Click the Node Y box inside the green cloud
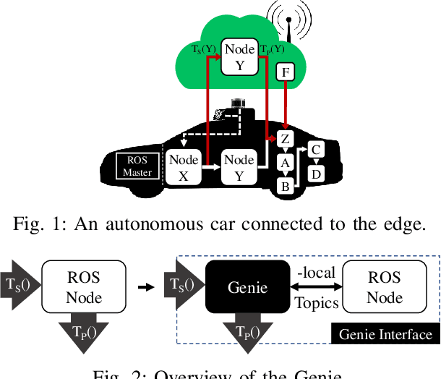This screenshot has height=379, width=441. tap(239, 57)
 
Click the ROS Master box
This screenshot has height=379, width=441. tap(137, 166)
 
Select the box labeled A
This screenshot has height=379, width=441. tap(285, 163)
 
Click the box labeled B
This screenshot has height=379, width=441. tap(285, 186)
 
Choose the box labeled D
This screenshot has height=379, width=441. tap(316, 174)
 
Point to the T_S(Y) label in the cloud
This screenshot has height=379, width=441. tap(205, 50)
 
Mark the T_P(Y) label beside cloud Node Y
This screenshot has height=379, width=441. tap(271, 50)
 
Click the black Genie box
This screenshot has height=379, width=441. tap(248, 287)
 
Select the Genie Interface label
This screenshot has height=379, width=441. tap(385, 334)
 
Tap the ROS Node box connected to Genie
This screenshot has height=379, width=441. tap(385, 287)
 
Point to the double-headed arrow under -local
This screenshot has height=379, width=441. tap(316, 287)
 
